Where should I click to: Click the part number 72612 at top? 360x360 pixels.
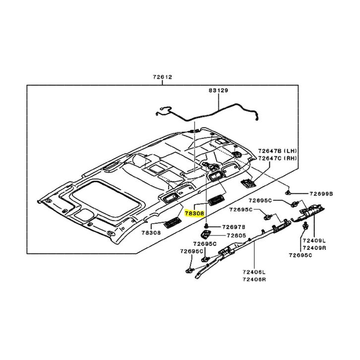pyautogui.click(x=162, y=77)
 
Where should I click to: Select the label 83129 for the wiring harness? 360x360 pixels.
pyautogui.click(x=218, y=90)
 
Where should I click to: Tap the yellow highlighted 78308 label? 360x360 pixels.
pyautogui.click(x=194, y=214)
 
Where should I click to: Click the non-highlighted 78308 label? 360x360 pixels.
pyautogui.click(x=151, y=233)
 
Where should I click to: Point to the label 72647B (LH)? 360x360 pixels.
pyautogui.click(x=277, y=151)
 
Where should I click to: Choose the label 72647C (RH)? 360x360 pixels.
pyautogui.click(x=277, y=158)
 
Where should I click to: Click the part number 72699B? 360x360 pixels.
pyautogui.click(x=321, y=194)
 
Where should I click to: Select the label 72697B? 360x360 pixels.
pyautogui.click(x=234, y=227)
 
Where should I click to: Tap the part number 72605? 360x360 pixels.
pyautogui.click(x=236, y=236)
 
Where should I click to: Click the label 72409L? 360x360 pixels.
pyautogui.click(x=314, y=241)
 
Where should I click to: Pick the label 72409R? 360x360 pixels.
pyautogui.click(x=314, y=248)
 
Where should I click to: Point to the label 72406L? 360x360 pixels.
pyautogui.click(x=254, y=272)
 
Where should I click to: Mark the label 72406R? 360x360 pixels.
pyautogui.click(x=254, y=279)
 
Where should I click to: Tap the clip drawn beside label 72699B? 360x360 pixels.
pyautogui.click(x=288, y=192)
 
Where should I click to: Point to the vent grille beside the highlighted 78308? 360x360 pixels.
pyautogui.click(x=216, y=199)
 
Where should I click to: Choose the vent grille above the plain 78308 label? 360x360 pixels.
pyautogui.click(x=173, y=222)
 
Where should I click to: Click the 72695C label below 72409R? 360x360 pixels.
pyautogui.click(x=300, y=255)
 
